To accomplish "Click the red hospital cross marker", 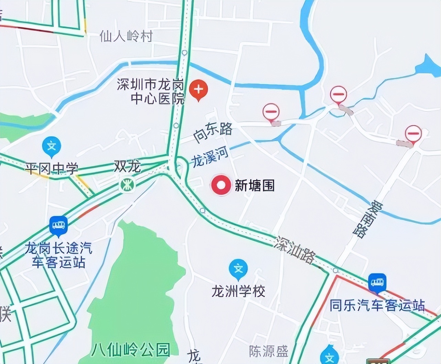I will (x=198, y=89).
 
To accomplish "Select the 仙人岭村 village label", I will (x=126, y=36).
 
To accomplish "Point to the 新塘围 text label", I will (x=255, y=186).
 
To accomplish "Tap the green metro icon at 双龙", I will (x=127, y=185).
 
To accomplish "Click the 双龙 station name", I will (x=127, y=167).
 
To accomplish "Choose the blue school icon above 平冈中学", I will (x=52, y=146).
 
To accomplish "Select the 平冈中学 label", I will (x=52, y=169).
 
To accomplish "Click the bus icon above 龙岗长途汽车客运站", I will (x=58, y=225).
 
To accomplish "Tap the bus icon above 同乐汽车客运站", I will (x=377, y=283).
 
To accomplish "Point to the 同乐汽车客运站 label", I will (x=377, y=306).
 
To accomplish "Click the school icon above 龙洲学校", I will (x=238, y=268).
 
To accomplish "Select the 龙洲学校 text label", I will (x=238, y=292).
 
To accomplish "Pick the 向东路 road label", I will (x=213, y=133).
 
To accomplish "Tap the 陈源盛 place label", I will (x=268, y=351).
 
